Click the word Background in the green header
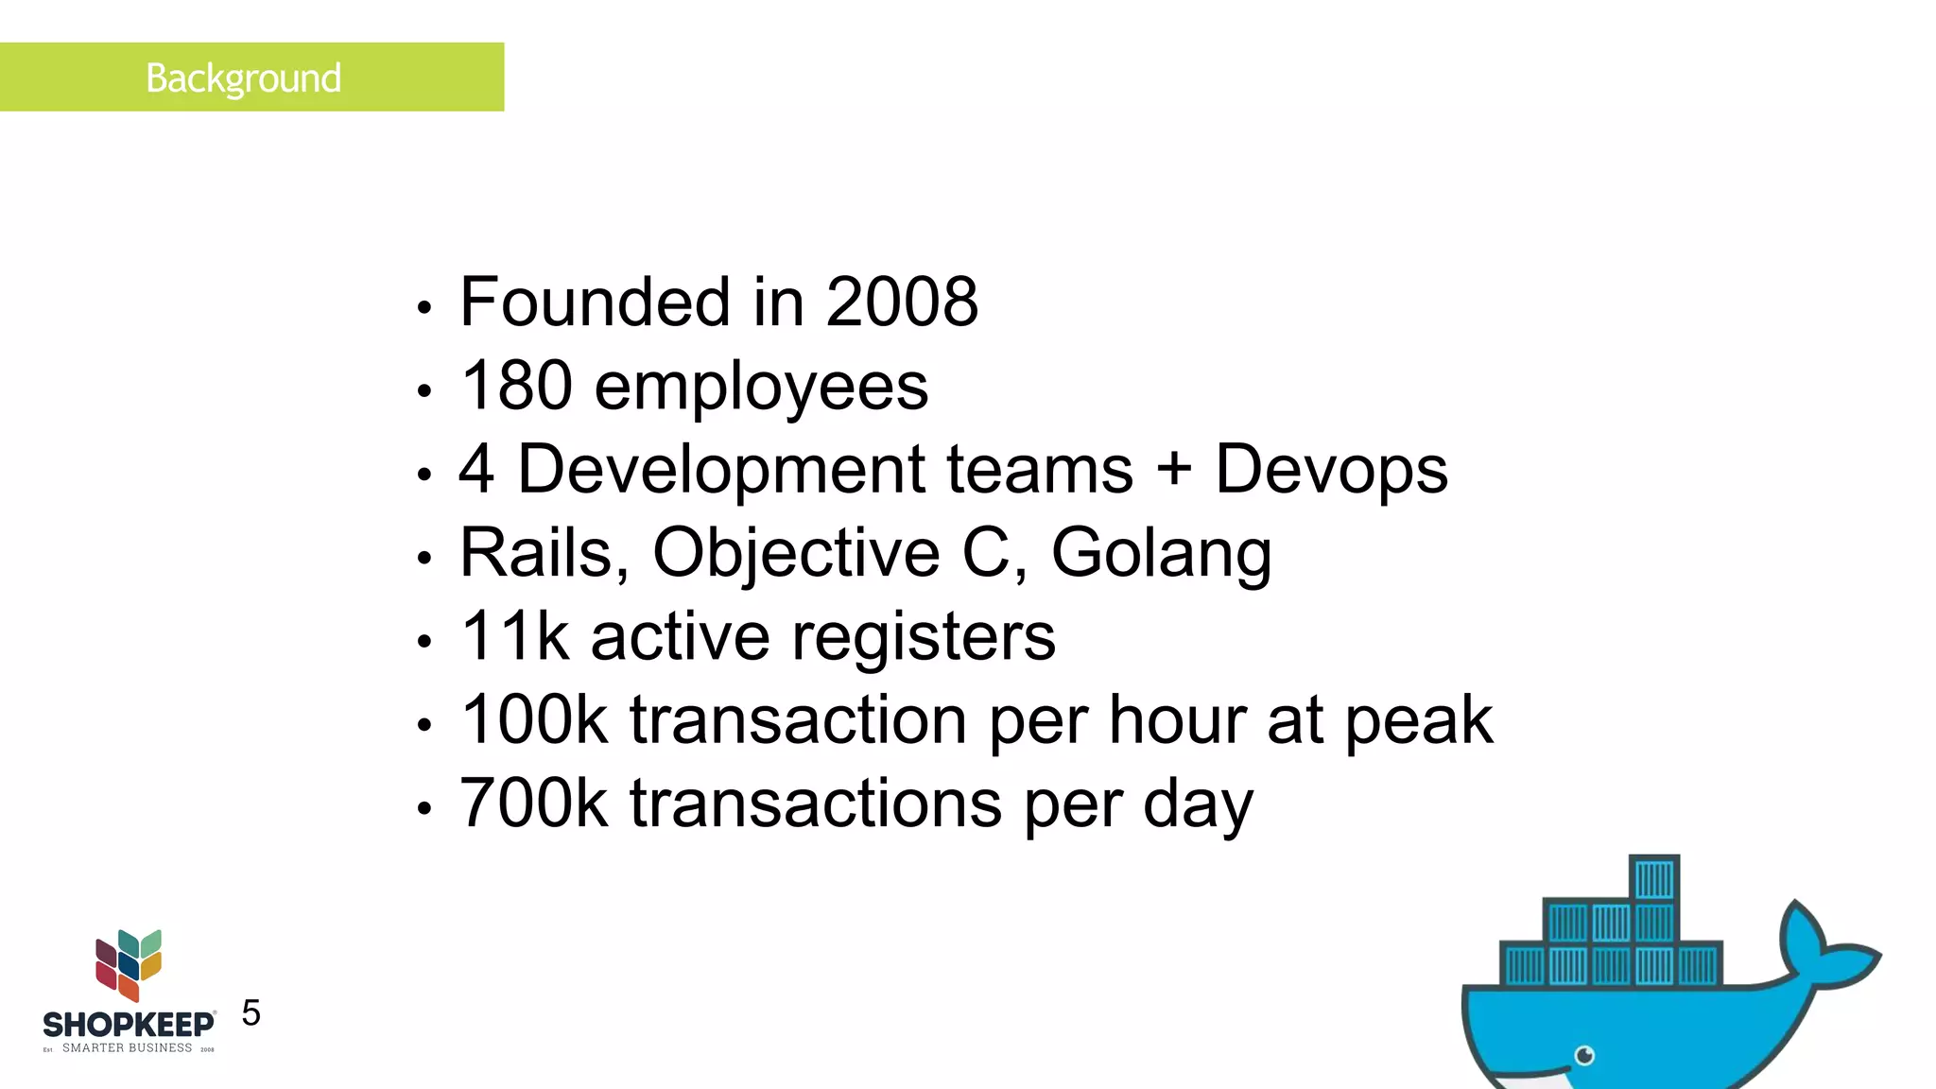click(243, 78)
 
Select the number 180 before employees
click(516, 386)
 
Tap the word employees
click(761, 388)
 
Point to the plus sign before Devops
click(1173, 470)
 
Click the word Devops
click(1331, 470)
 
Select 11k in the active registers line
click(514, 636)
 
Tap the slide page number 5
click(251, 1013)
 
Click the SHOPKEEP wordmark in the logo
click(129, 1025)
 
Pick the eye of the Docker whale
click(1585, 1055)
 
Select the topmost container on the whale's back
click(1654, 878)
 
